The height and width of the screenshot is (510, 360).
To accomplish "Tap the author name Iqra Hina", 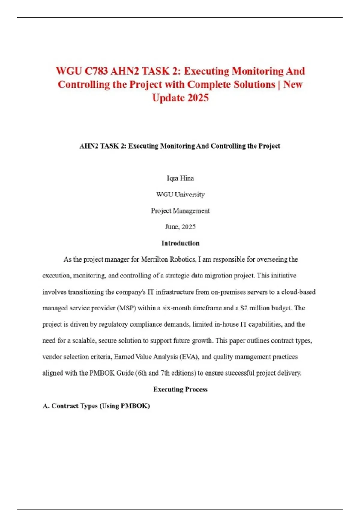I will pos(180,178).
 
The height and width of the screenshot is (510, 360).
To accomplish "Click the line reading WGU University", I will pos(180,194).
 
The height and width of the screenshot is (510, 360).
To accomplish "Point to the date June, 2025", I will pos(180,227).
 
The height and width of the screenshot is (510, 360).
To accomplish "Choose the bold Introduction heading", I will pos(180,243).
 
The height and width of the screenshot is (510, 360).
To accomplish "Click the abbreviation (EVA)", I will pos(189,357).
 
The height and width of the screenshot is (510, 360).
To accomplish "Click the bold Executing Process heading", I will pos(180,389).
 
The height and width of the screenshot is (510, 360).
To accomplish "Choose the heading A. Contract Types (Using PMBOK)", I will pos(96,406).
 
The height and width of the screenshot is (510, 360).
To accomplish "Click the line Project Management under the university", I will pos(180,211).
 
